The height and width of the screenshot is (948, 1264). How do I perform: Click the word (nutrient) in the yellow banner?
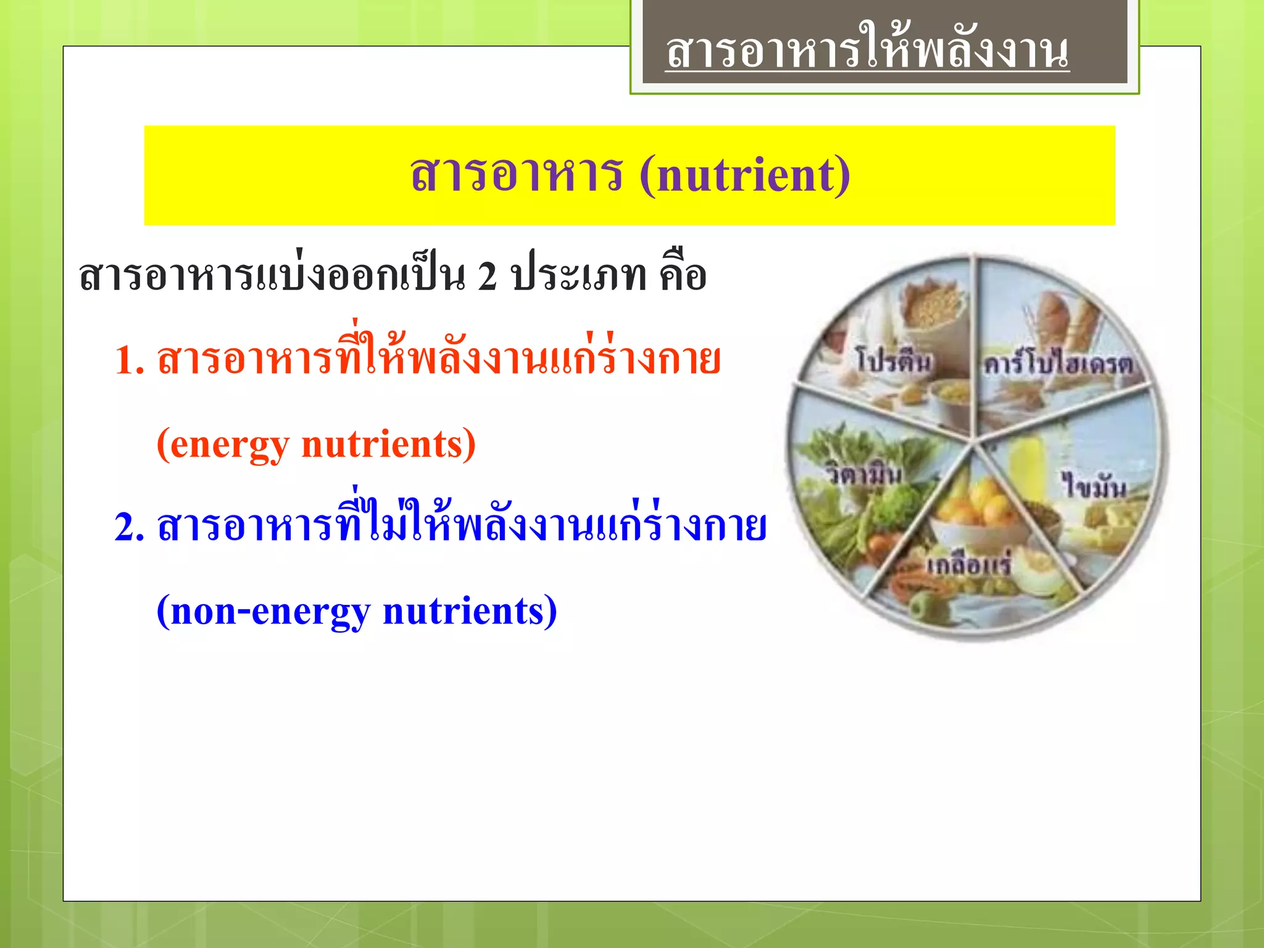(x=745, y=175)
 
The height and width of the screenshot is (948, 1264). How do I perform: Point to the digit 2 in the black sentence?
(x=487, y=276)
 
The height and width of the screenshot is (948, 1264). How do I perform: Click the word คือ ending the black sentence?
(x=683, y=276)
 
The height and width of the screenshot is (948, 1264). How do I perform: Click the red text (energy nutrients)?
(x=316, y=444)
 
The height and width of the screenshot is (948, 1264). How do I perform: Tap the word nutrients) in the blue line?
(x=470, y=611)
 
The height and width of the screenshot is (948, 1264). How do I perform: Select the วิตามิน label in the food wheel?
(x=865, y=475)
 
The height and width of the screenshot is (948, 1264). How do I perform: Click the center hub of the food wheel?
(x=975, y=440)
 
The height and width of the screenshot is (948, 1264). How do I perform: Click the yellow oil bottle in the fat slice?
(x=1028, y=466)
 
